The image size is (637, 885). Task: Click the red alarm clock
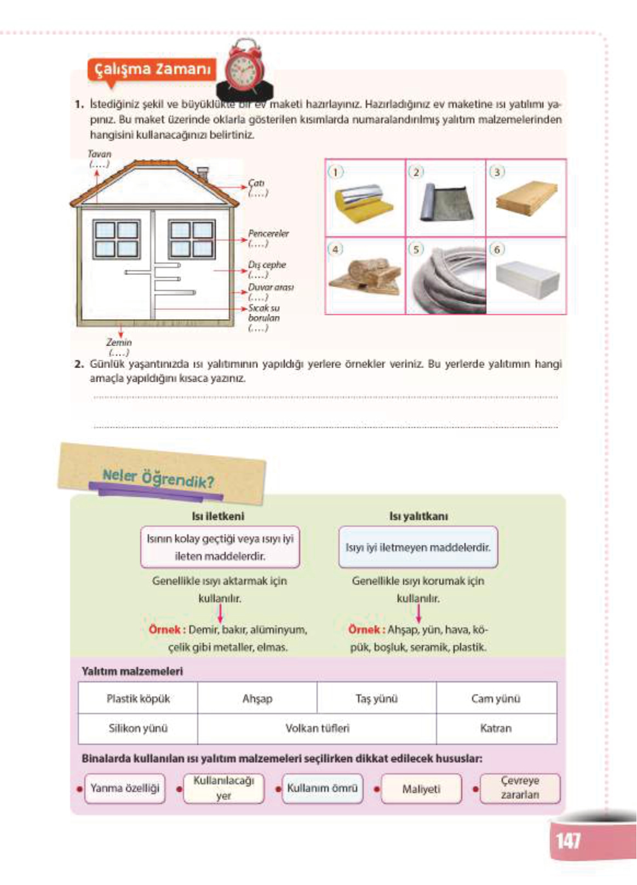point(244,70)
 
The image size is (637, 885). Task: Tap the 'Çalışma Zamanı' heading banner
point(152,70)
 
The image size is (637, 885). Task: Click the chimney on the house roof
point(203,173)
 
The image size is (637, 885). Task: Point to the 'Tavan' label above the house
point(99,154)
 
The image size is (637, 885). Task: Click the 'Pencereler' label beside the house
point(268,234)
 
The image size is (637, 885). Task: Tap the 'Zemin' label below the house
point(119,342)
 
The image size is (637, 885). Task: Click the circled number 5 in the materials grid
point(416,249)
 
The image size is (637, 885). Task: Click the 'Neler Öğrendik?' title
point(158,478)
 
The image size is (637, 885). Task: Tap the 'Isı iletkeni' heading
point(218,516)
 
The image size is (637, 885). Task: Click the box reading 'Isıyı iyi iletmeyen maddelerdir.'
point(418,547)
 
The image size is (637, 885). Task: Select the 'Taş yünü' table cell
point(376,698)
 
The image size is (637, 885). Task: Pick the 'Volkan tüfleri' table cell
point(317,728)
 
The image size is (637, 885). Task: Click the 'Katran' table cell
point(496,728)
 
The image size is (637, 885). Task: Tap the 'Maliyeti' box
point(421,789)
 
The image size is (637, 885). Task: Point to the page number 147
point(568,840)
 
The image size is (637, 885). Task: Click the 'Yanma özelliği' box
point(125,788)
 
